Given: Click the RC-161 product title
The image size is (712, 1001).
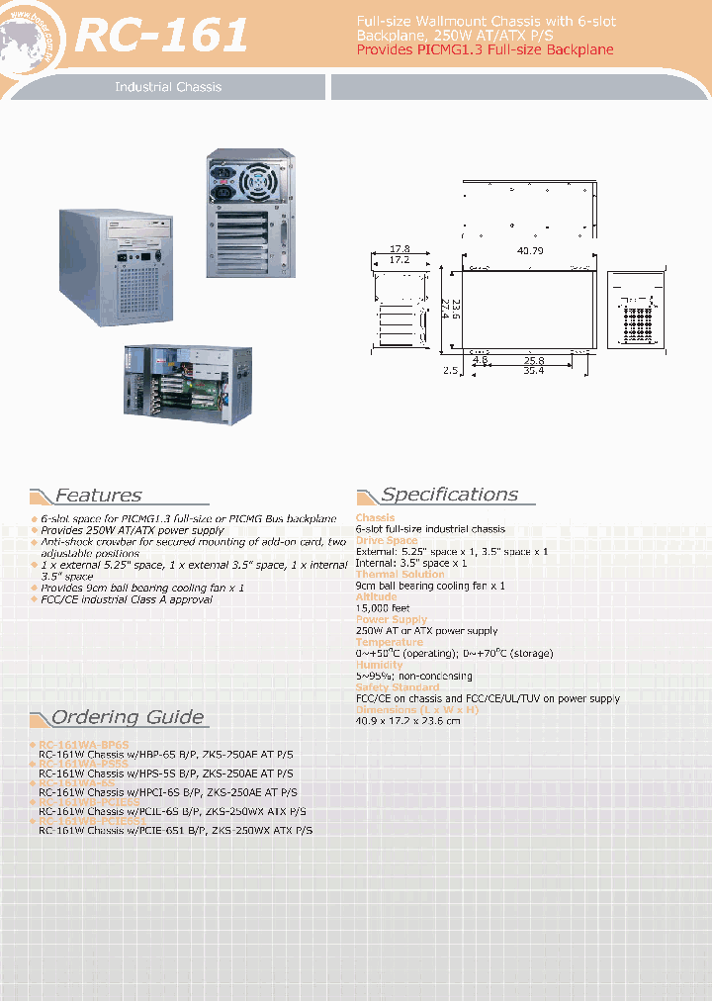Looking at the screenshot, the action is [162, 37].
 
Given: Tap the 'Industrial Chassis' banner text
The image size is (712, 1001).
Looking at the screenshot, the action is [168, 87].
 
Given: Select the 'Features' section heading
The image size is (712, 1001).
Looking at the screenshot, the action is [98, 496].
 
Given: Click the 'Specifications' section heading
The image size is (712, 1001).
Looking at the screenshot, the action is [449, 495].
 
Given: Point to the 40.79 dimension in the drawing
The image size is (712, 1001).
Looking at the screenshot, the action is [530, 250].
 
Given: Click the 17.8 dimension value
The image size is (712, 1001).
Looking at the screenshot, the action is [400, 249].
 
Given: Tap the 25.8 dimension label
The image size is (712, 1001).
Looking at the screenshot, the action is [534, 361].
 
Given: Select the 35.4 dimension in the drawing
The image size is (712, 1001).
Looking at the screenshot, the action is [534, 371].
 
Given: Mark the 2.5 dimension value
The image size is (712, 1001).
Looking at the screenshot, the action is [451, 371].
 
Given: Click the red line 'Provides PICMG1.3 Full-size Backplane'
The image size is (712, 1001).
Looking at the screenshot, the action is [485, 49].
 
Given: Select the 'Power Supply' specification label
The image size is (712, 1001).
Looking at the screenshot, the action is [392, 619].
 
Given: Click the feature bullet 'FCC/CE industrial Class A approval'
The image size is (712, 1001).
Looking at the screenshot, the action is [127, 599].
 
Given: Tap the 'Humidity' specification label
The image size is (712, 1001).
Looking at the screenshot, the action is [380, 665].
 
